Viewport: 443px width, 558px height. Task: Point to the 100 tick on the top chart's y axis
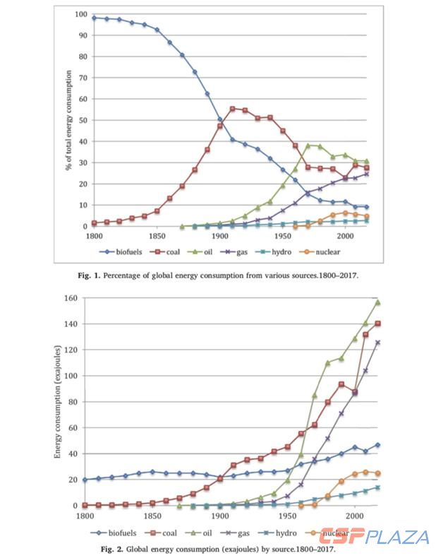click(x=80, y=14)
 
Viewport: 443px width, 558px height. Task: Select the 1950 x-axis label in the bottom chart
click(x=288, y=516)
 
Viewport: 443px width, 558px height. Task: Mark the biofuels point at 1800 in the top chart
click(x=94, y=17)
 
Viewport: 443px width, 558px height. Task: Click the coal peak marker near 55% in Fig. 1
click(x=233, y=109)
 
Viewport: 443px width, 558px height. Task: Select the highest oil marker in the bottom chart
click(x=378, y=302)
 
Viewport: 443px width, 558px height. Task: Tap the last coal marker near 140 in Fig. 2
click(x=378, y=323)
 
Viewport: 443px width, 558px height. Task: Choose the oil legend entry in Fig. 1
click(x=220, y=251)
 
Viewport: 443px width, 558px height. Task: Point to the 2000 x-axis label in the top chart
click(x=346, y=235)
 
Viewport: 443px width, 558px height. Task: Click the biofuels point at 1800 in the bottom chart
click(x=85, y=480)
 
